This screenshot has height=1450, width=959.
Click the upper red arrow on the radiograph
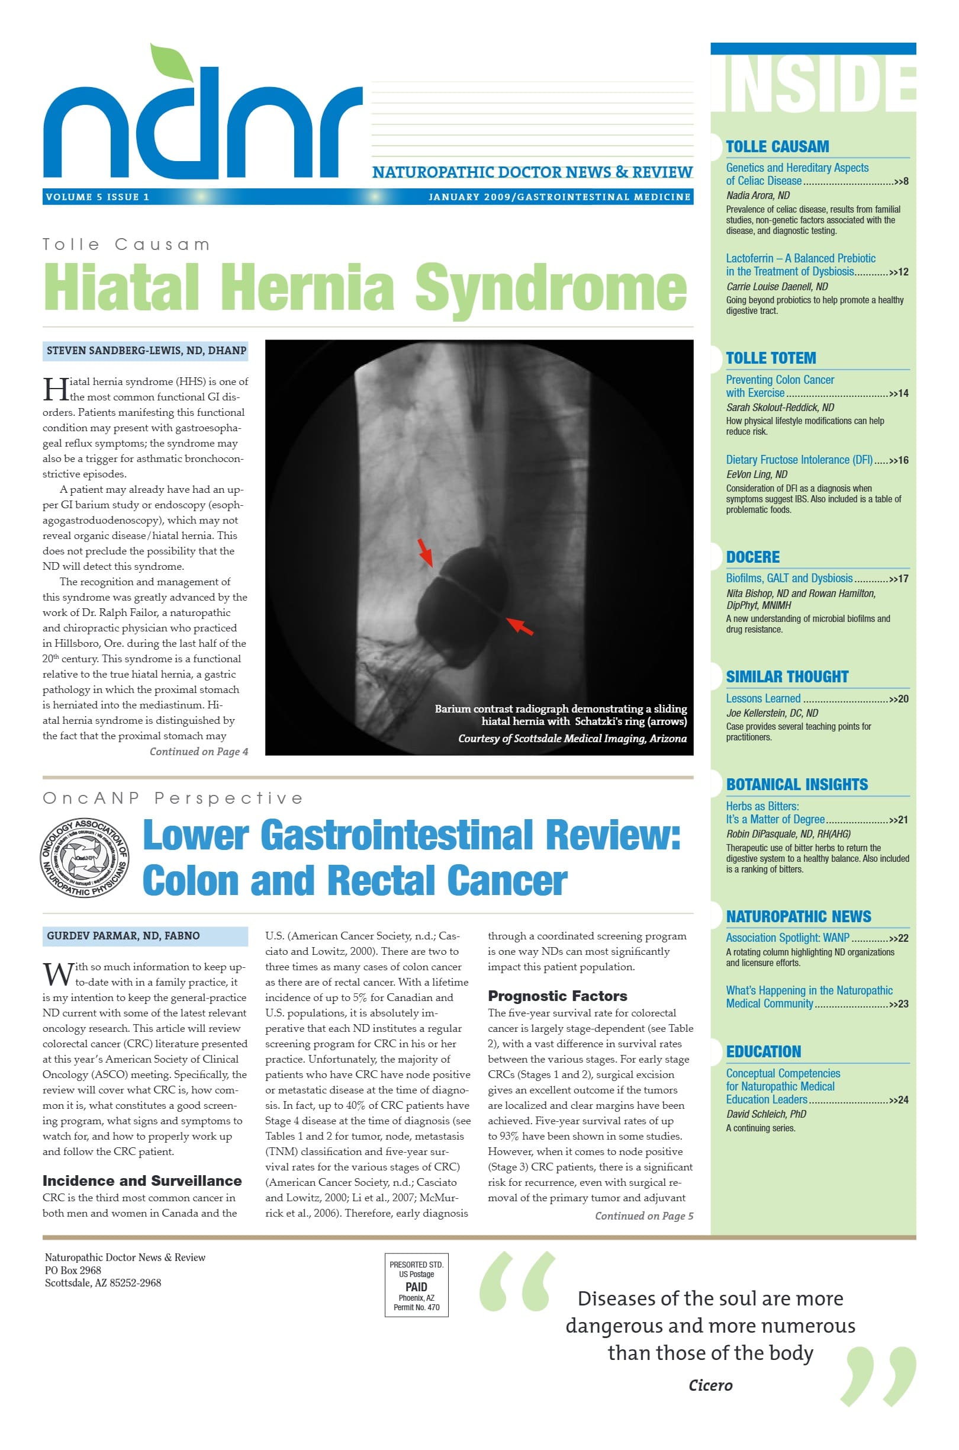(x=425, y=552)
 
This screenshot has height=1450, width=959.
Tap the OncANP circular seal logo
(x=85, y=858)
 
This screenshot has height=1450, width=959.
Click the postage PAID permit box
(x=416, y=1285)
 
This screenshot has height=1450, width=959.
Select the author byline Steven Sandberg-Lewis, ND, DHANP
(x=146, y=351)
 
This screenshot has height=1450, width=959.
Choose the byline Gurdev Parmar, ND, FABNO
(x=123, y=935)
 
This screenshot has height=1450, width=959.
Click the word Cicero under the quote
(x=710, y=1385)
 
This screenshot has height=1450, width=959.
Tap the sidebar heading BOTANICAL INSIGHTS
(x=796, y=784)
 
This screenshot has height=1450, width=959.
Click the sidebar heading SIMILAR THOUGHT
(x=787, y=676)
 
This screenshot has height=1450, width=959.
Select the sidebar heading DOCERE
(x=752, y=557)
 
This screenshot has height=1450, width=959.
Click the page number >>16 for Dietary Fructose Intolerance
(x=899, y=460)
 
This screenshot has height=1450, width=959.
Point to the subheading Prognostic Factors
(x=557, y=996)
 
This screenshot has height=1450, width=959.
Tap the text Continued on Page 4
(x=199, y=751)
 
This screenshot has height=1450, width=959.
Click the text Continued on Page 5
(x=644, y=1215)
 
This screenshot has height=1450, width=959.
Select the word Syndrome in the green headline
(x=551, y=287)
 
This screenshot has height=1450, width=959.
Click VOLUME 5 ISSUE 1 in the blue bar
(x=97, y=197)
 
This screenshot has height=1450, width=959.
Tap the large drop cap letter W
(x=57, y=973)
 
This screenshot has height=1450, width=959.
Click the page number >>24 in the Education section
(x=899, y=1100)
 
